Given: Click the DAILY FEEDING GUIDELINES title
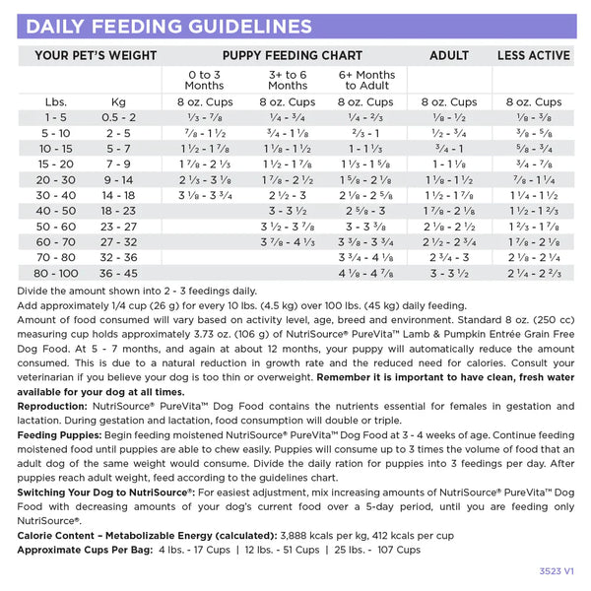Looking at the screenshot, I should [169, 27].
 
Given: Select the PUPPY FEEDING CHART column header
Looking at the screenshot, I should [286, 55].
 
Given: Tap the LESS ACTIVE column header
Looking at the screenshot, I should [534, 55].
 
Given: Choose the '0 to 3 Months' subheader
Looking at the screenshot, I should [205, 79].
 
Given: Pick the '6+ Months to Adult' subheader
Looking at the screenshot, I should [366, 79].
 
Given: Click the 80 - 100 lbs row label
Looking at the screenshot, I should [55, 273].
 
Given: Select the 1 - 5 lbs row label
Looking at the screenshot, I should [55, 117].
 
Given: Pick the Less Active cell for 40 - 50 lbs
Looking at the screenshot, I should [534, 211].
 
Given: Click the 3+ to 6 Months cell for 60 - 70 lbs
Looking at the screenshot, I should [287, 241].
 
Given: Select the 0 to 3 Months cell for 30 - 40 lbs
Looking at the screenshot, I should [205, 195].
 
